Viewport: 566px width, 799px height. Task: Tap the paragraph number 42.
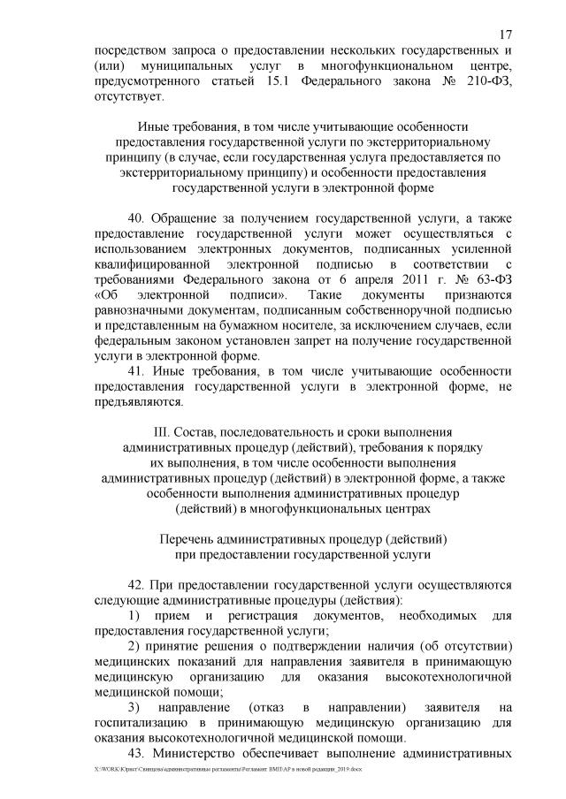coord(139,584)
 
